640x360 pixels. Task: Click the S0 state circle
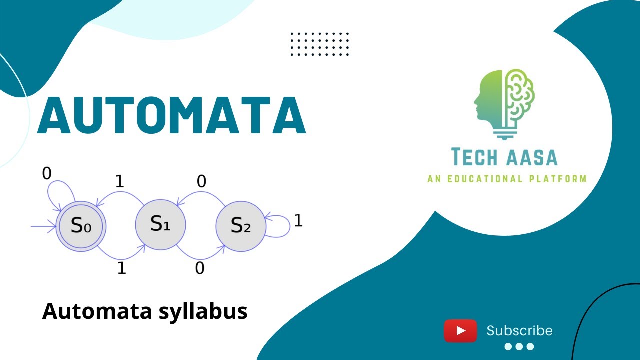(81, 226)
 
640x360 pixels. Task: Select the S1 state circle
(160, 224)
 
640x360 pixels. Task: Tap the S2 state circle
(240, 226)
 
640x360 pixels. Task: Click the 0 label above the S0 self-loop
(47, 174)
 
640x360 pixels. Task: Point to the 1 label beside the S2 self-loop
(298, 221)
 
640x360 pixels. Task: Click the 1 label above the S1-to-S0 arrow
(119, 182)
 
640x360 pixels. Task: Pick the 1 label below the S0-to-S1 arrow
(121, 268)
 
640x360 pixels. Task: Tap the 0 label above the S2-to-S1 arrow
(201, 182)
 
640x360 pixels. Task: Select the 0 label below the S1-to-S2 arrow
(200, 268)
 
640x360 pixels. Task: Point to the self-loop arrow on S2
(280, 225)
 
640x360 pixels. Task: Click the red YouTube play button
(460, 331)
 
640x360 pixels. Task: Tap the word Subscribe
(519, 331)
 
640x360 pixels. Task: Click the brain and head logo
(504, 102)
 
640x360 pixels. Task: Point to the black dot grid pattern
(320, 44)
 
